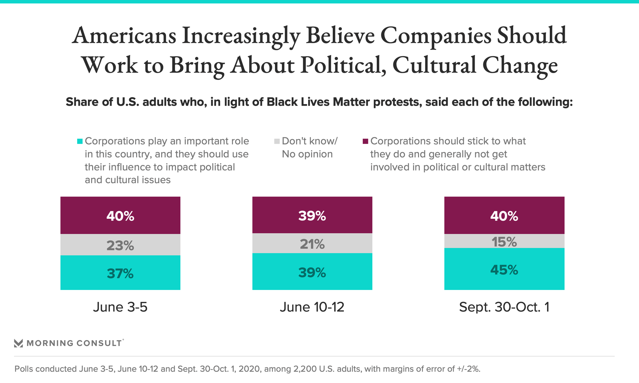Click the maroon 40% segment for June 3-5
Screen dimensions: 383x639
pos(120,215)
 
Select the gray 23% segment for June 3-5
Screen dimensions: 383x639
pos(120,245)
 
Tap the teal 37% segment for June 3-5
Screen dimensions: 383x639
pos(120,273)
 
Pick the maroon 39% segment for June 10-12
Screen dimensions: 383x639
pos(312,215)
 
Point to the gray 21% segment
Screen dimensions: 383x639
pos(312,243)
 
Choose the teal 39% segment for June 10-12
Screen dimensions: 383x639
pos(312,272)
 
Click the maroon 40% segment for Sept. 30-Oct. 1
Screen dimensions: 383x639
pos(504,215)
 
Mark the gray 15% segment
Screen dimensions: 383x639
pos(504,241)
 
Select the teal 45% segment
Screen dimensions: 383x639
pos(504,269)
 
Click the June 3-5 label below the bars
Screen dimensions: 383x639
pos(120,307)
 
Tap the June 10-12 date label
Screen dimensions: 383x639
pos(312,307)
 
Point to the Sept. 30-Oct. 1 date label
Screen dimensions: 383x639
pos(504,307)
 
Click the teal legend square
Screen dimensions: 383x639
pos(80,141)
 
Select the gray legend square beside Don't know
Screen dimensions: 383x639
pos(277,141)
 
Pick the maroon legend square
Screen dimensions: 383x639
pos(365,141)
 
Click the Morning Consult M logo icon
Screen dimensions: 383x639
pos(19,343)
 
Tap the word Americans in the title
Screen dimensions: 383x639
pos(124,36)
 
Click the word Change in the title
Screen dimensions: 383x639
pos(520,65)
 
